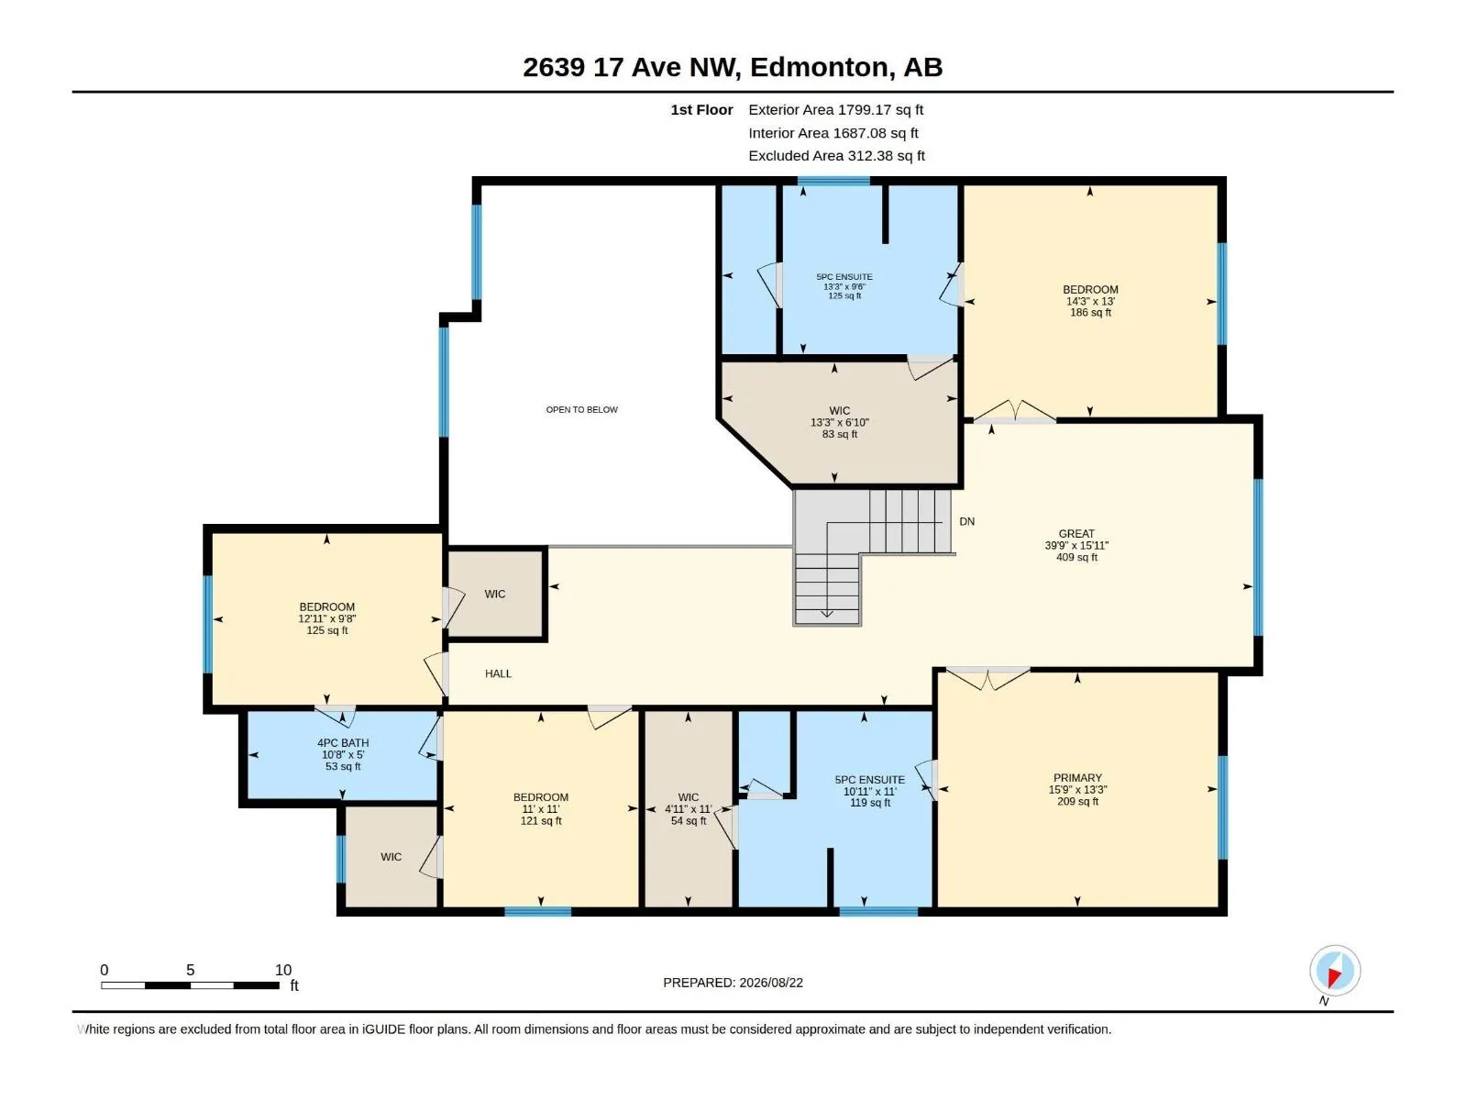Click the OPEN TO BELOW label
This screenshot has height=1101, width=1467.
[x=581, y=410]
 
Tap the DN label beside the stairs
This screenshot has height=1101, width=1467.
[x=966, y=521]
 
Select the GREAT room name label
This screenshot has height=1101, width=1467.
[x=1076, y=533]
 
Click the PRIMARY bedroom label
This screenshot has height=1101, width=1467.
[x=1076, y=777]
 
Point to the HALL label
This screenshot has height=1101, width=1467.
[x=498, y=673]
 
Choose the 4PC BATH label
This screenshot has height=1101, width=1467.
[x=343, y=742]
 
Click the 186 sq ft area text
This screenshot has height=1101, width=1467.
[x=1090, y=312]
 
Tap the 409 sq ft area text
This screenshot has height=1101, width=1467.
[x=1076, y=557]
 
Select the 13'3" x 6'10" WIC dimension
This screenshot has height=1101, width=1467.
[x=840, y=422]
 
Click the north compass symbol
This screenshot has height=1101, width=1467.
[x=1335, y=970]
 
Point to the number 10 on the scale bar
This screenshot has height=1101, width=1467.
[x=283, y=969]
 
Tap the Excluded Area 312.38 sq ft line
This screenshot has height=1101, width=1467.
[x=836, y=156]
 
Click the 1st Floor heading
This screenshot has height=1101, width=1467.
[x=701, y=109]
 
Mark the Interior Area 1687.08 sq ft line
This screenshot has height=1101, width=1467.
[x=833, y=133]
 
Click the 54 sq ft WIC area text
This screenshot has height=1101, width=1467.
[x=689, y=821]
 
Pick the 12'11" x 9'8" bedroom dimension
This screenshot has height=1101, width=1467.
[x=326, y=619]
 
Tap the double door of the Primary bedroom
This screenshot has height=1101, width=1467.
[x=987, y=677]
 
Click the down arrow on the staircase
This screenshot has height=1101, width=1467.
[x=827, y=612]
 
